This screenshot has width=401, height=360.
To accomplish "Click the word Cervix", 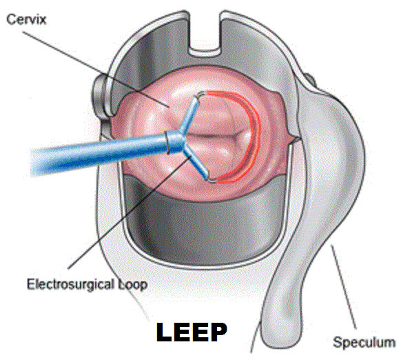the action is coord(26,20).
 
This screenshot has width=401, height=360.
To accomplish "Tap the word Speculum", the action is coord(364,342).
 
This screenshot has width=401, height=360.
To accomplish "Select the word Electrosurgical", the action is coord(70,284).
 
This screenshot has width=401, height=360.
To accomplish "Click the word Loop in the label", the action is coord(132,285).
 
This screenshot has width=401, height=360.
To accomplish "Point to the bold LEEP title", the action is coord(192,332).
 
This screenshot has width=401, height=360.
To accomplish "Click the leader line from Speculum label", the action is coord(344,287).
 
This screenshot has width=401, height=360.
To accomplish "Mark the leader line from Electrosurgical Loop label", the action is coord(129,212).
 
